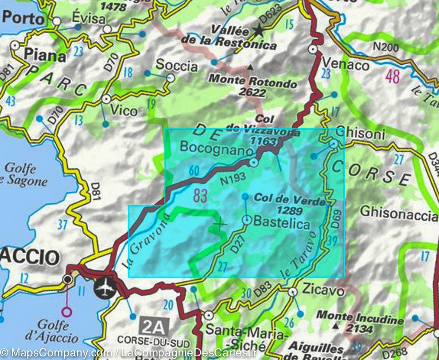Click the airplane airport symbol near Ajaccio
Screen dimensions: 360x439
coord(105,288)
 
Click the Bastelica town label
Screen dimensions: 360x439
coord(281,223)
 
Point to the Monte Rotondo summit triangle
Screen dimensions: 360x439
coord(250,67)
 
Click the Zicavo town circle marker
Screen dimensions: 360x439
coord(292,292)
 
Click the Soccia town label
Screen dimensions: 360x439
coord(177,66)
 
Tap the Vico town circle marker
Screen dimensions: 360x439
coord(106,99)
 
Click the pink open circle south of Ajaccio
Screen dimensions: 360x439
coord(67,312)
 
